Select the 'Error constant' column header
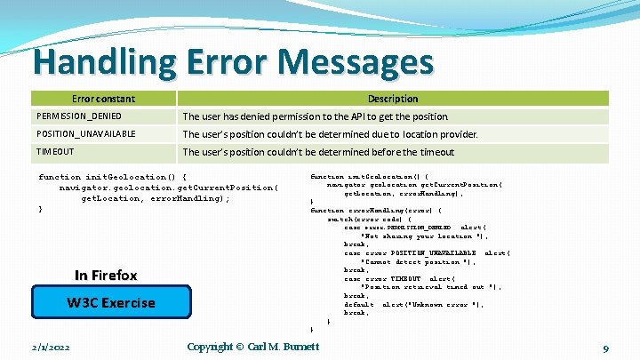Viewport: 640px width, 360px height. pos(103,99)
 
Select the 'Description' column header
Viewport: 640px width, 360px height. pos(392,99)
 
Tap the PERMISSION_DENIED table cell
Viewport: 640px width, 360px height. pos(79,116)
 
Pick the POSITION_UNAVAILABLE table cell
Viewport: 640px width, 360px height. pos(86,134)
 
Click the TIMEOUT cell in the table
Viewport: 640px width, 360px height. pos(55,152)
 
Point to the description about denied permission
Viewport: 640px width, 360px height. pos(316,116)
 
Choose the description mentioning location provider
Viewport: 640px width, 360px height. pos(330,134)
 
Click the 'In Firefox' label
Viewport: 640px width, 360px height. pos(106,275)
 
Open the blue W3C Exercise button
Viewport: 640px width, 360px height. pos(111,302)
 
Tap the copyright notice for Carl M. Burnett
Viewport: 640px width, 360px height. pos(252,347)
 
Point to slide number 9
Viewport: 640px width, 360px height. pos(604,348)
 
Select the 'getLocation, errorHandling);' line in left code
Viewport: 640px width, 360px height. pos(156,198)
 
